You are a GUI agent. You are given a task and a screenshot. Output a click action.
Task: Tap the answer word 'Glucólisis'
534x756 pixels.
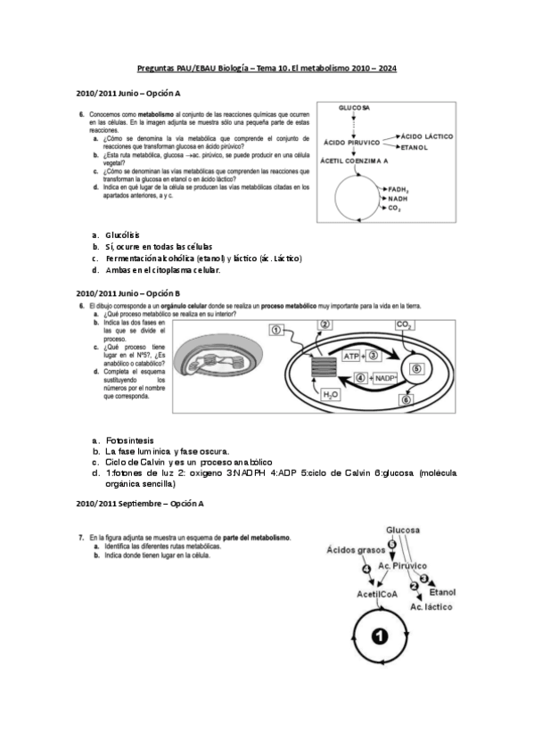[122, 234]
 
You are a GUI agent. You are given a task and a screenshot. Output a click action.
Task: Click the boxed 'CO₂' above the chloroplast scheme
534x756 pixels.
[404, 325]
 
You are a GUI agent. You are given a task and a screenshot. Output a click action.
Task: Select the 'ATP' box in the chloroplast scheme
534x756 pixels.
[352, 356]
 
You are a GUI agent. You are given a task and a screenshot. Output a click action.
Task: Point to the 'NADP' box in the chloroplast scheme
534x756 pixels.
[385, 378]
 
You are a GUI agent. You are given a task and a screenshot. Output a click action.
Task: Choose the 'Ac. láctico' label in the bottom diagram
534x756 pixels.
[431, 606]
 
